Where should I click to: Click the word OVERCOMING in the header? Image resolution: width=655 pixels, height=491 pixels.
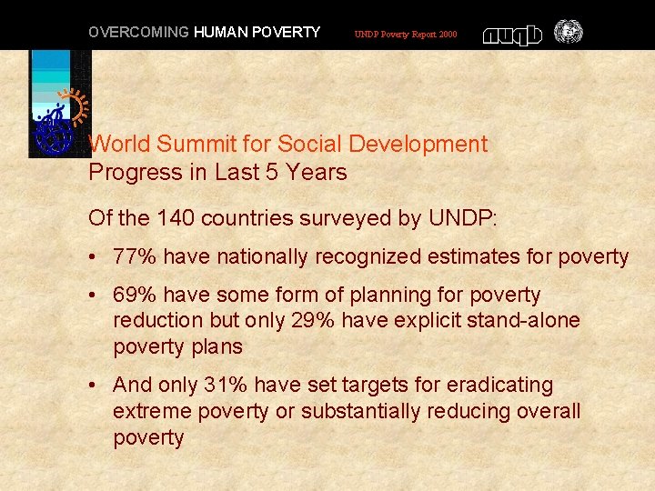click(x=137, y=33)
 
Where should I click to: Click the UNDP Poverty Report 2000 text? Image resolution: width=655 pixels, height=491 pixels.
click(x=406, y=35)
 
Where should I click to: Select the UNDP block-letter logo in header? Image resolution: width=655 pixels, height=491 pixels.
click(x=512, y=35)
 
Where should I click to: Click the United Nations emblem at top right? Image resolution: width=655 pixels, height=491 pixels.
click(x=568, y=33)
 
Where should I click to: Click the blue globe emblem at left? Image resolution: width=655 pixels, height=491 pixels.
click(x=53, y=135)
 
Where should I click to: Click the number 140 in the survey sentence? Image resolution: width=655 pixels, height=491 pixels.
click(x=175, y=218)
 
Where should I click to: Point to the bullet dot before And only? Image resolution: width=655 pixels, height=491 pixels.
click(x=96, y=386)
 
